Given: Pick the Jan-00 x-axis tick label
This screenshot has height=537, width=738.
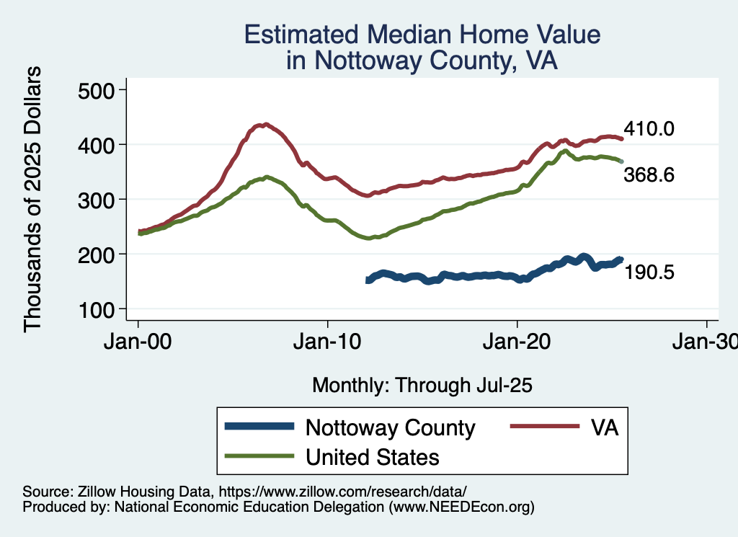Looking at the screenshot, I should point(138,341).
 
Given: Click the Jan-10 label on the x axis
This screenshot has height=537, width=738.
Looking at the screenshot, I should point(328,341).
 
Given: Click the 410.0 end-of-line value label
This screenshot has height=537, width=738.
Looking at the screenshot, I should point(649,130).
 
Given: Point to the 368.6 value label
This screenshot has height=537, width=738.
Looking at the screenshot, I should point(649,174).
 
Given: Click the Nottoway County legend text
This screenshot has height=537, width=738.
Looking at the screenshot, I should point(391,427).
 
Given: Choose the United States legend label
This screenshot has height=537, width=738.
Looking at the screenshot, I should point(373,456).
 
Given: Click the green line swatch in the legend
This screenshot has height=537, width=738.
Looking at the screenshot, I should point(259,456).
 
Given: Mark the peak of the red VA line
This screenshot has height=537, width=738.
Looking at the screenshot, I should point(266,124).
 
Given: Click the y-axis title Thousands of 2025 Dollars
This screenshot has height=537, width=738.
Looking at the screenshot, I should point(34,199).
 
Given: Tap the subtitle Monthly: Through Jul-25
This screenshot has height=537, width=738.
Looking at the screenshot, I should point(422,386).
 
